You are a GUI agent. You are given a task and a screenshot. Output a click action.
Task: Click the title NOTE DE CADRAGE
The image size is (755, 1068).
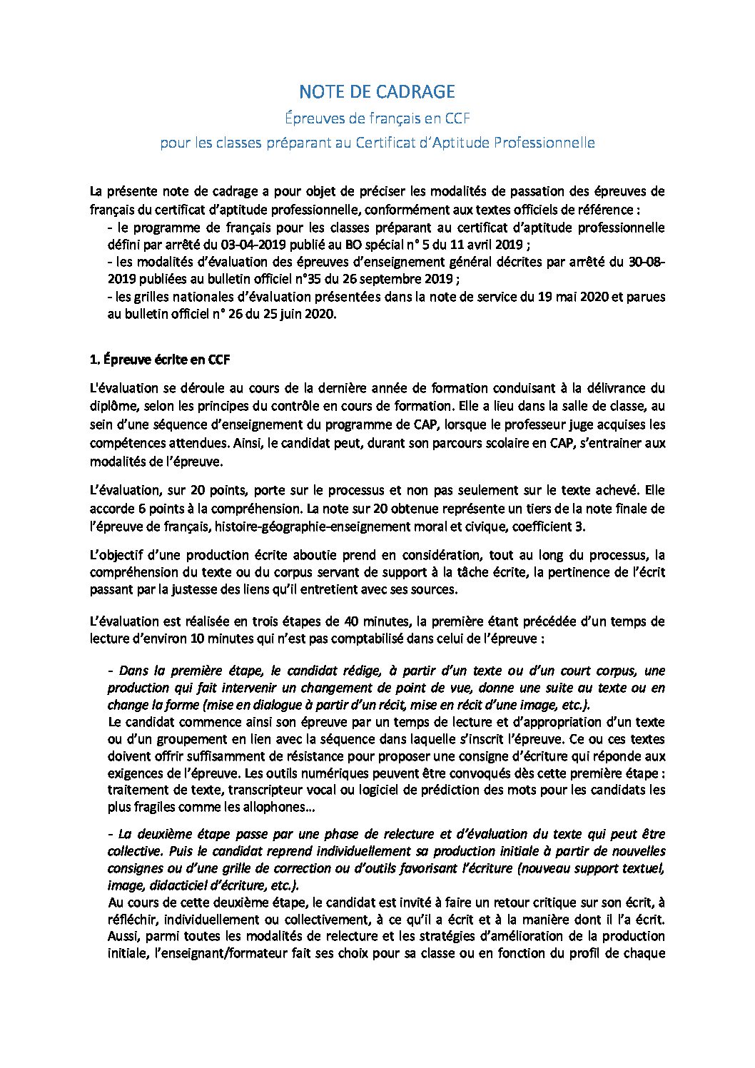tap(377, 91)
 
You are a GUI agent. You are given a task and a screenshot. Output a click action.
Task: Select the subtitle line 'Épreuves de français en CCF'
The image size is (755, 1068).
tap(377, 117)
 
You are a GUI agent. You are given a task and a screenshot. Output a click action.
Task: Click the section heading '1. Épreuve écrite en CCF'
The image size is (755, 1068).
tap(160, 360)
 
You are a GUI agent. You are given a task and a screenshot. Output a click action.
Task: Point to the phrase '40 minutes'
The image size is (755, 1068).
tap(373, 621)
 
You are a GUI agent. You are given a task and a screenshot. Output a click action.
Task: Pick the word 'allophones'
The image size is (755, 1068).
tap(273, 808)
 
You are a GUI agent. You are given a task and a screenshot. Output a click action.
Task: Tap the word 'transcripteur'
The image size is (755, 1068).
tap(218, 790)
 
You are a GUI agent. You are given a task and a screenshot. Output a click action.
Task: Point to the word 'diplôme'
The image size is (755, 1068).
tap(113, 407)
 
